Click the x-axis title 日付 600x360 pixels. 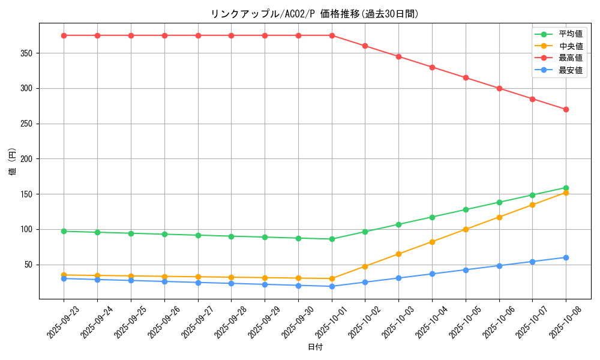pos(315,347)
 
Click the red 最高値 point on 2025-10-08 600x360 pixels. pos(566,109)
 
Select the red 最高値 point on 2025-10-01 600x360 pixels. pos(332,35)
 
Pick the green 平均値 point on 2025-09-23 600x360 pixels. pos(64,231)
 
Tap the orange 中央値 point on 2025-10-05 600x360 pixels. pos(466,229)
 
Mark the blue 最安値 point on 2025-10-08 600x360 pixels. pos(566,257)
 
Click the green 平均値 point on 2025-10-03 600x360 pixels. pos(398,224)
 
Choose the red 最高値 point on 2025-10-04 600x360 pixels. pos(432,67)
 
